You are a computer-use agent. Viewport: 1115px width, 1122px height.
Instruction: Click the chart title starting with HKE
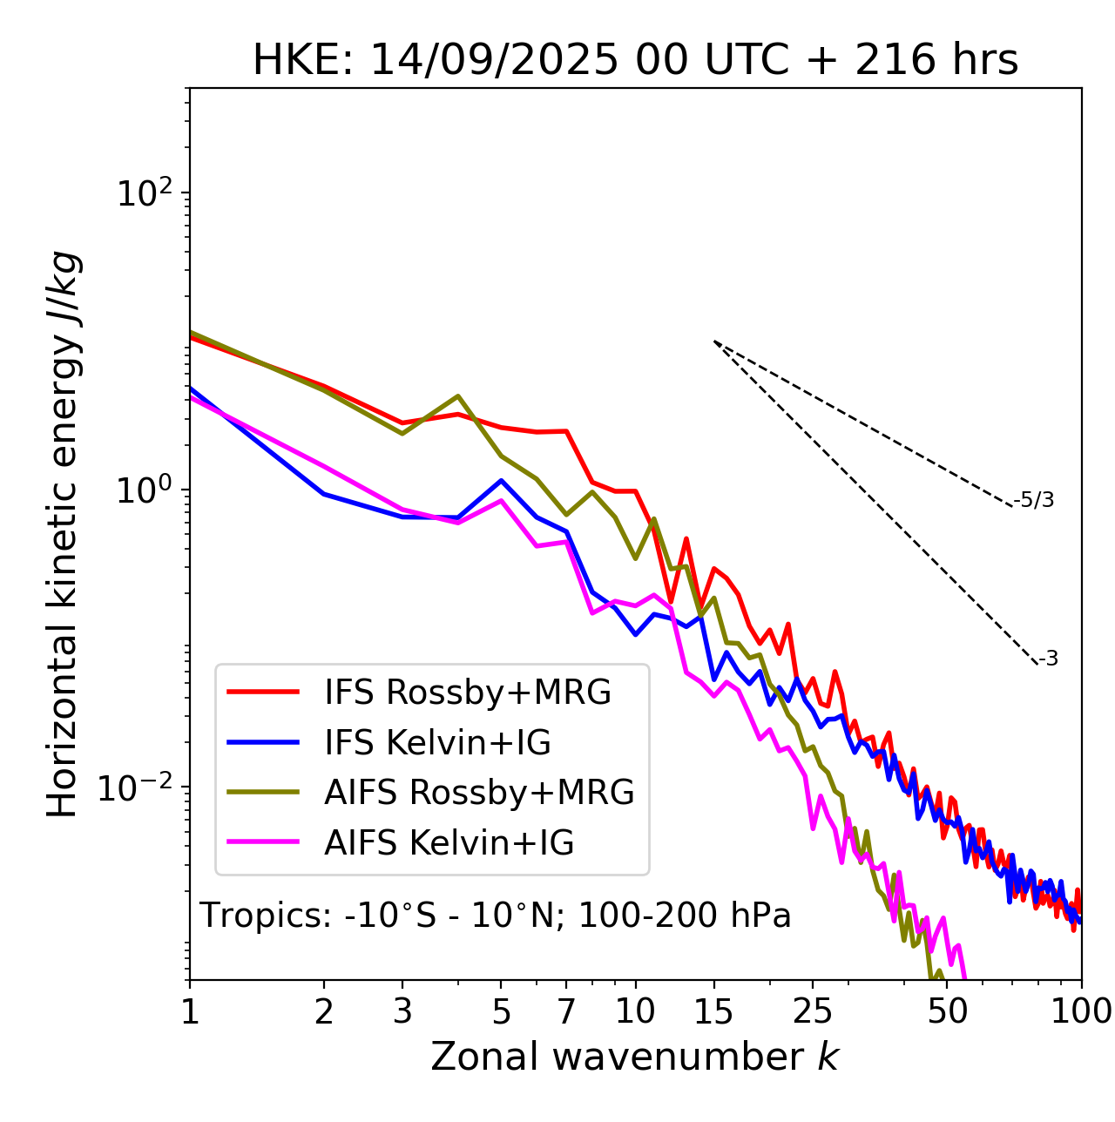tap(635, 61)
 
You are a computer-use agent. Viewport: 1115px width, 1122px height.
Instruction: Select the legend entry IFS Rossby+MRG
tap(467, 693)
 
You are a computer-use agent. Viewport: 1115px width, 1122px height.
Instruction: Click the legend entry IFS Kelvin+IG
tap(437, 743)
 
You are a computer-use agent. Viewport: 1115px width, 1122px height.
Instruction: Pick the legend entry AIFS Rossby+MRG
tap(479, 793)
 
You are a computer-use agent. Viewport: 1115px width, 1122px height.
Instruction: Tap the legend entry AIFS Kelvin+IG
tap(449, 843)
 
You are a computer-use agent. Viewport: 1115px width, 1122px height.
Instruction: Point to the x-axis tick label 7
tap(567, 1011)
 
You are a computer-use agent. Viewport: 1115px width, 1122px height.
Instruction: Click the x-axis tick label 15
tap(713, 1011)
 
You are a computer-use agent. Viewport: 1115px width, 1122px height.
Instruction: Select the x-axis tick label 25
tap(813, 1011)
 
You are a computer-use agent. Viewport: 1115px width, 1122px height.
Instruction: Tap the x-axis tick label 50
tap(947, 1011)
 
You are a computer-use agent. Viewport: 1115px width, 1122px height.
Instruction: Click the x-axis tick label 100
tap(1081, 1011)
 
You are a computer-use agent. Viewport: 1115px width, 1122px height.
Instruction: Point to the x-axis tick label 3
tap(402, 1011)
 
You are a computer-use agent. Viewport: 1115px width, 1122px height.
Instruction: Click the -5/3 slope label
tap(1034, 500)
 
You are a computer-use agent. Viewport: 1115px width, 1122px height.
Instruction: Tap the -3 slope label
tap(1048, 659)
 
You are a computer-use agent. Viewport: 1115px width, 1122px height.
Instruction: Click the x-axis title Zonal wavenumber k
tap(635, 1058)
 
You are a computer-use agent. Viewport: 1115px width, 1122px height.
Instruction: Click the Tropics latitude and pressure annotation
tap(496, 916)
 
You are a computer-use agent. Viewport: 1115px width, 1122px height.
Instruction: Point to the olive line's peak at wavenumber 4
tap(458, 395)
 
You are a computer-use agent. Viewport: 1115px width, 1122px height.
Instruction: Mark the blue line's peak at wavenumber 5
tap(501, 480)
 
